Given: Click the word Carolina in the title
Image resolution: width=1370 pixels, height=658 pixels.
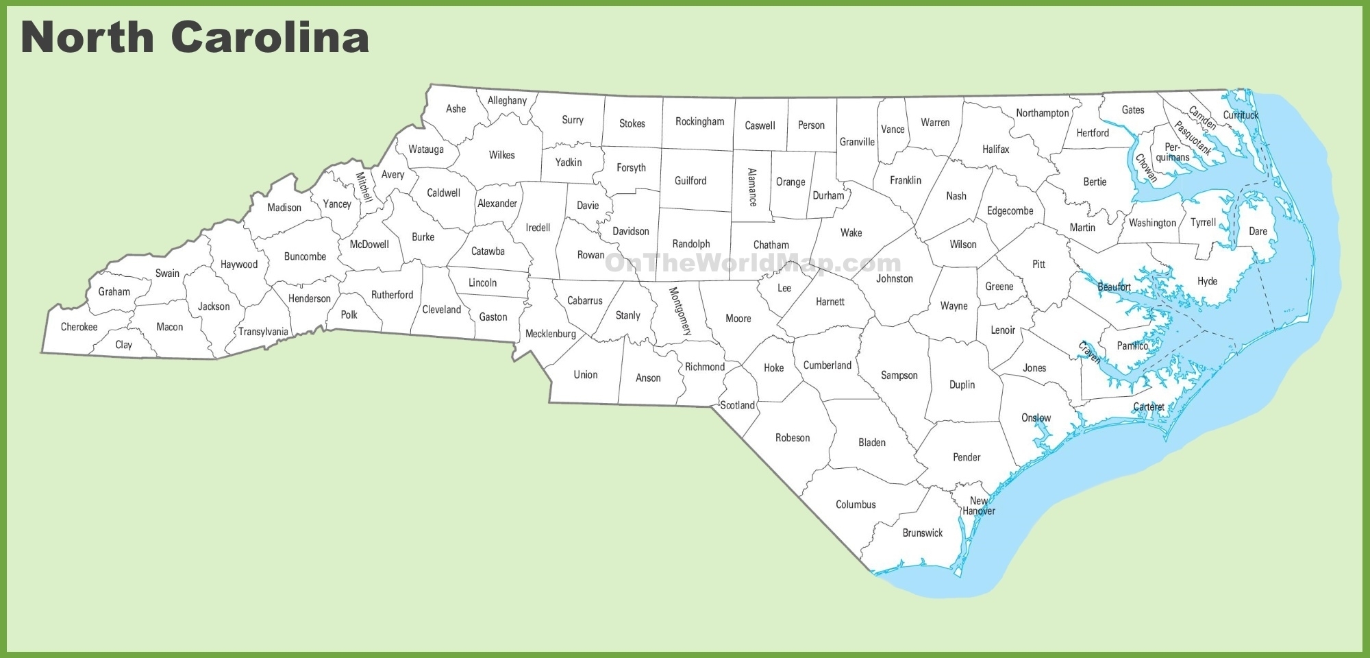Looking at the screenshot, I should coord(270,37).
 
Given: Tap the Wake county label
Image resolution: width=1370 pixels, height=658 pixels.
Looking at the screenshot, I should coord(851,233).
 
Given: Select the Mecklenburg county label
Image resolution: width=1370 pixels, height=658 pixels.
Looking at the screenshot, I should coord(550,334).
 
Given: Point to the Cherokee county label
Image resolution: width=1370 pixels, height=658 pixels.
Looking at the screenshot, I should coord(79,327).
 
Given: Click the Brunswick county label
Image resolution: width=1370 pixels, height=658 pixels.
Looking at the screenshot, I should coord(922,533).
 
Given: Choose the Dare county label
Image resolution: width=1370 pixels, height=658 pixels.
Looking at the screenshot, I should coord(1258,232).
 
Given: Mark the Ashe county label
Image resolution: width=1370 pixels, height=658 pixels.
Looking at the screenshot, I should coord(456,109).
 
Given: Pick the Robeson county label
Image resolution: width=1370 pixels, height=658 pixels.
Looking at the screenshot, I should coord(792,438).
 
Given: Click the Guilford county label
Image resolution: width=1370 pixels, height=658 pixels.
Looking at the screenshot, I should coord(690,181).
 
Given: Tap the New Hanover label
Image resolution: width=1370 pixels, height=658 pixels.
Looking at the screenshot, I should coord(978,506).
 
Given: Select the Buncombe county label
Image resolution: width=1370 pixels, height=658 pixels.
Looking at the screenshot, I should coord(305,257).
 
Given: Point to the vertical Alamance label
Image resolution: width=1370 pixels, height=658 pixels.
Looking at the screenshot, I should coord(752,187).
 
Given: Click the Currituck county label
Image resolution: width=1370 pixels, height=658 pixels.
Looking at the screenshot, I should coord(1241,115).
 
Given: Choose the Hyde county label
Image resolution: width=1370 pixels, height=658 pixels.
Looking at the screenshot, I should coord(1207,282).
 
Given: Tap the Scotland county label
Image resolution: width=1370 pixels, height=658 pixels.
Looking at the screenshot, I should coord(737,406).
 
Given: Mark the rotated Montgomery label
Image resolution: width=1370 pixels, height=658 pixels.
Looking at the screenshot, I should coord(680,311).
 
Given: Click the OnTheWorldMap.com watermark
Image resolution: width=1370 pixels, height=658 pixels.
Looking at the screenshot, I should coord(752,263).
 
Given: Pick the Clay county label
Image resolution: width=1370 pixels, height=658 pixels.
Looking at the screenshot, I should coord(123,345).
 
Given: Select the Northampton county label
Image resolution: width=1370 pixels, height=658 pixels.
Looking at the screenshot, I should coord(1042,113).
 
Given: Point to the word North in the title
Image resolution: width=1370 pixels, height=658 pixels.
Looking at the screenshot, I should coord(88,37).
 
